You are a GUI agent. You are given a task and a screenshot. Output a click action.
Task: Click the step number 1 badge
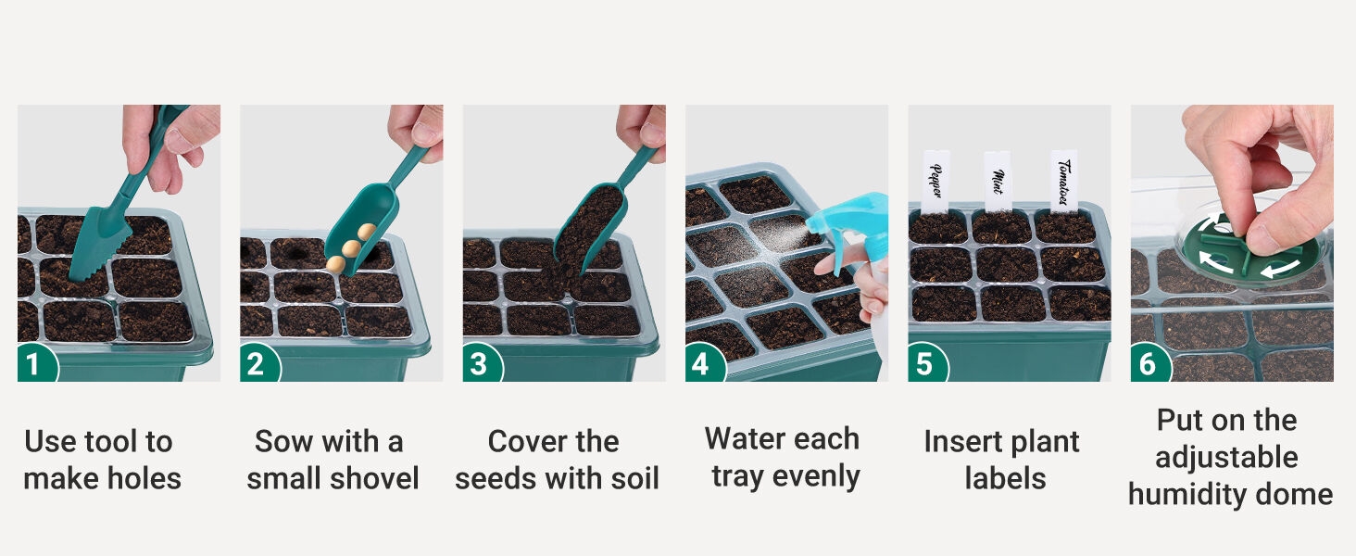click(36, 363)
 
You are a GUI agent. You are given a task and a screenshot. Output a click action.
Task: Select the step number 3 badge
click(482, 363)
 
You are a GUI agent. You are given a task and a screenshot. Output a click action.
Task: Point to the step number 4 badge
click(704, 363)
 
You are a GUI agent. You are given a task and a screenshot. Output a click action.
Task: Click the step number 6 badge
click(1149, 363)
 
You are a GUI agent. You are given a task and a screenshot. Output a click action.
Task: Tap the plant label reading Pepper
click(935, 182)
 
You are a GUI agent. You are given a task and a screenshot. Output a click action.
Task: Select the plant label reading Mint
click(997, 182)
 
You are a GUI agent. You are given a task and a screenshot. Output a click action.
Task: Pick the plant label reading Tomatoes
click(1063, 181)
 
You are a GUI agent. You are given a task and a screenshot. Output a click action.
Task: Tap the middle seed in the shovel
click(351, 247)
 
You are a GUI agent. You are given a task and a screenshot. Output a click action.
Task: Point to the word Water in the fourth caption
click(746, 438)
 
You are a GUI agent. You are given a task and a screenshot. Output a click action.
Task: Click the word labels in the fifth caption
click(1006, 478)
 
